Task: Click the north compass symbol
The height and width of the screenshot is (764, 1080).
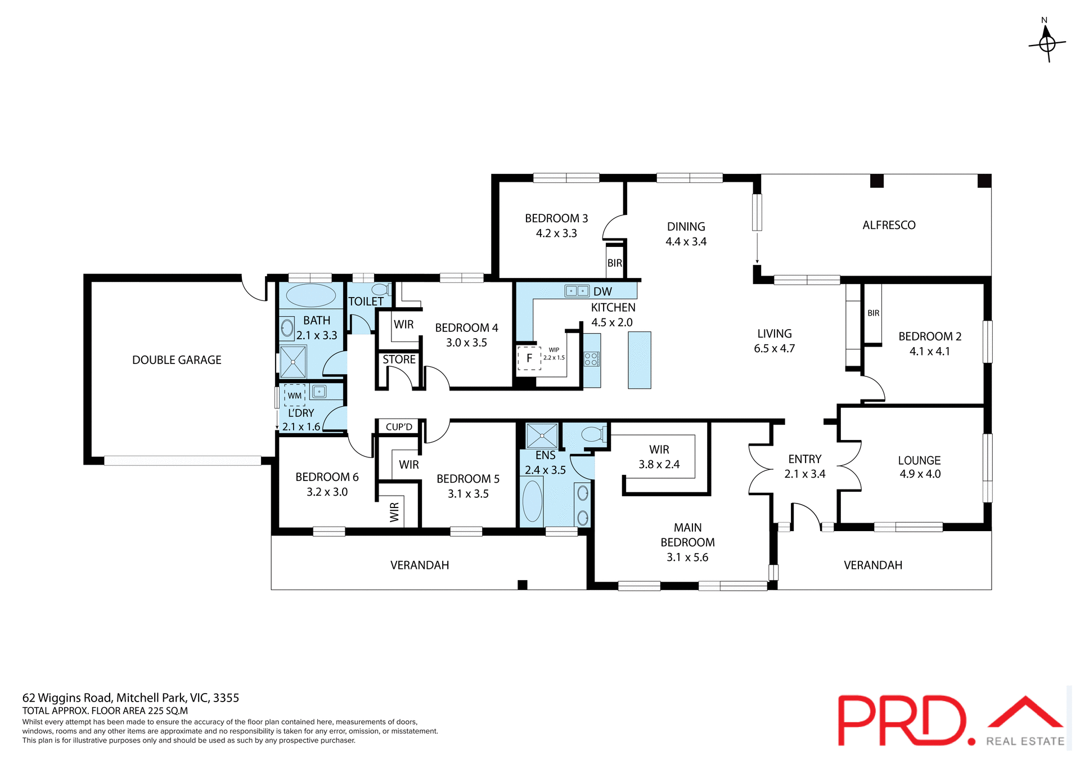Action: (x=1047, y=42)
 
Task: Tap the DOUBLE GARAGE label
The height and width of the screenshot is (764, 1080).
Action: (x=177, y=360)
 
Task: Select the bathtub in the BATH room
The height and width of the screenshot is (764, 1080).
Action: (x=311, y=295)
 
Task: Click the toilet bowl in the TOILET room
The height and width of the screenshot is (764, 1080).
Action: (x=381, y=290)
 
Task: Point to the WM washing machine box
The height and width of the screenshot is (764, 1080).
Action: (x=295, y=396)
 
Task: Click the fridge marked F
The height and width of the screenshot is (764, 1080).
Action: (x=529, y=358)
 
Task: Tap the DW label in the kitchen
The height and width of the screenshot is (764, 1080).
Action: (x=602, y=291)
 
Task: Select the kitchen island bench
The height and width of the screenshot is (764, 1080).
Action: (x=640, y=360)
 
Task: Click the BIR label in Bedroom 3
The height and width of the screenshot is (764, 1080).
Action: (x=615, y=263)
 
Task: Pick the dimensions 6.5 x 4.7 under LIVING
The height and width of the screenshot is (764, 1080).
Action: (x=774, y=349)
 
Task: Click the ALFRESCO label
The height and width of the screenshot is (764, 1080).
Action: (x=889, y=225)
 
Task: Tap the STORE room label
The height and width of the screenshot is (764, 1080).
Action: (x=399, y=359)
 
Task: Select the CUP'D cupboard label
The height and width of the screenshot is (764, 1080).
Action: (x=399, y=427)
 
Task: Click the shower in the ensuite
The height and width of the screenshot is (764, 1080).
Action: (x=541, y=436)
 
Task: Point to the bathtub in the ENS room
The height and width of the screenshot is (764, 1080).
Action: (x=532, y=501)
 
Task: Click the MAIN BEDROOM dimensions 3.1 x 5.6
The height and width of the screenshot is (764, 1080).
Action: (x=687, y=558)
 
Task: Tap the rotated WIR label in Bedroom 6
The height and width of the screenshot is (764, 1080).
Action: (x=394, y=512)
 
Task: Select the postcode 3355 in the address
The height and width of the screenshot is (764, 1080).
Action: (x=226, y=698)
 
